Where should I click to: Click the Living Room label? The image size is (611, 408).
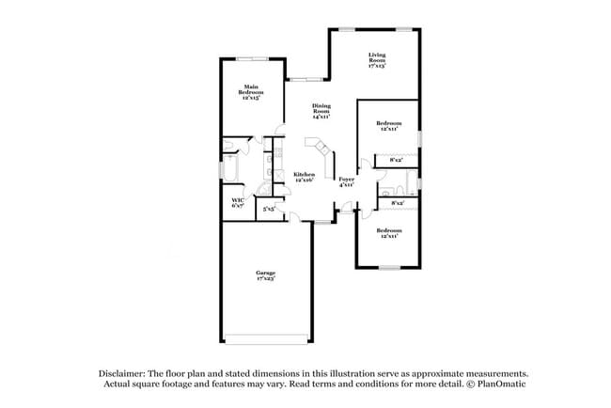[x=377, y=61]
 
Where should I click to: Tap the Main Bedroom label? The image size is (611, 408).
[x=251, y=93]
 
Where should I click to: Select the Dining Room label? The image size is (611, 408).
[x=321, y=112]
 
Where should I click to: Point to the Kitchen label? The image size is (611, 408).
[x=304, y=177]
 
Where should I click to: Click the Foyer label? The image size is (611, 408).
[x=347, y=181]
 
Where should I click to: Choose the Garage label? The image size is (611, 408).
[x=266, y=275]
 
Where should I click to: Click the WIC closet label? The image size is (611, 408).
[x=238, y=202]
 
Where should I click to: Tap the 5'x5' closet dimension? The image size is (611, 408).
[x=269, y=209]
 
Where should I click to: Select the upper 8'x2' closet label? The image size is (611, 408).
[x=396, y=160]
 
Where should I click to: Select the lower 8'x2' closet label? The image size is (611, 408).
[x=396, y=202]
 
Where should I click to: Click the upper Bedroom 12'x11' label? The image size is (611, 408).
[x=390, y=126]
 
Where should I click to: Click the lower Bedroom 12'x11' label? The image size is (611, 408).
[x=390, y=233]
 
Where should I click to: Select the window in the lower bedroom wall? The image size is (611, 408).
[x=390, y=268]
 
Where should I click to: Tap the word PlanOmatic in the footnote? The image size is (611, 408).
[x=500, y=384]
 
